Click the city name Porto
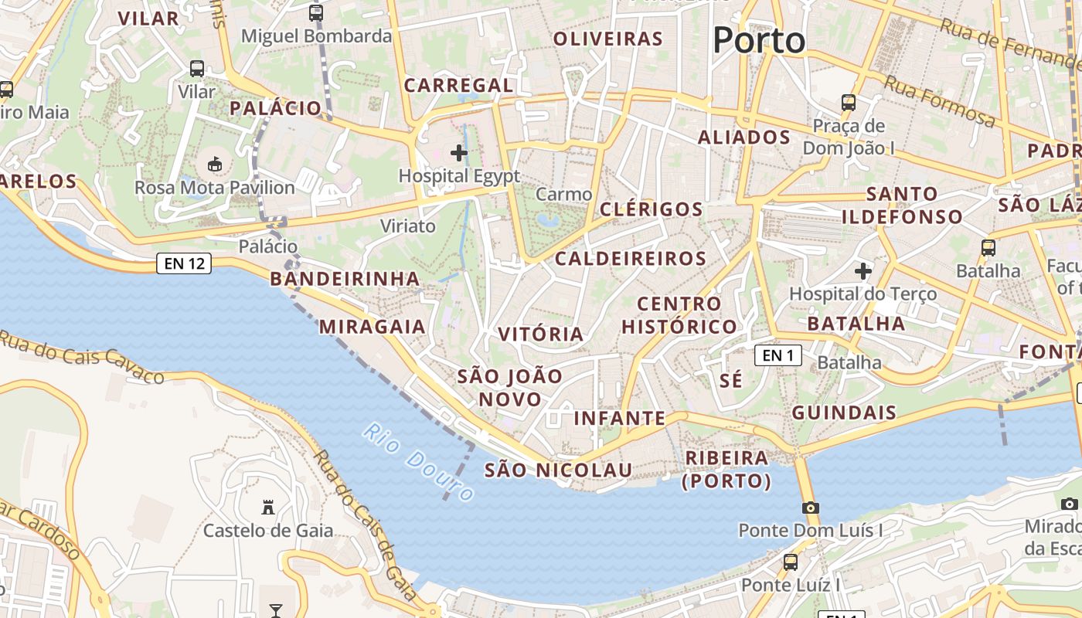coord(759,40)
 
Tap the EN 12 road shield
coord(184,263)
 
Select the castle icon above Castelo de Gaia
coord(268,508)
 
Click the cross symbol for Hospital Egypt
coord(459,153)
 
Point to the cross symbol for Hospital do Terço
coord(863,271)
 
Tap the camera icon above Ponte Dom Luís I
coord(810,508)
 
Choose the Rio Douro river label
coord(418,462)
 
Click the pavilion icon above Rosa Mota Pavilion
coord(215,164)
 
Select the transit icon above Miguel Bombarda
coord(315,12)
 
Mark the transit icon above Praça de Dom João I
coord(848,102)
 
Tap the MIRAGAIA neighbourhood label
coord(373,327)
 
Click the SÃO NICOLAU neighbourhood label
coord(558,470)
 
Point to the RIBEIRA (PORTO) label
coord(727,470)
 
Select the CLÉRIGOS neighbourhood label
coord(652,209)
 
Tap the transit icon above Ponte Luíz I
coord(790,562)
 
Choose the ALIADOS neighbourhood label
coord(744,138)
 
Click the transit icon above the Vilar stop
coord(197,69)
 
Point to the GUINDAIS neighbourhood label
coord(844,413)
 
